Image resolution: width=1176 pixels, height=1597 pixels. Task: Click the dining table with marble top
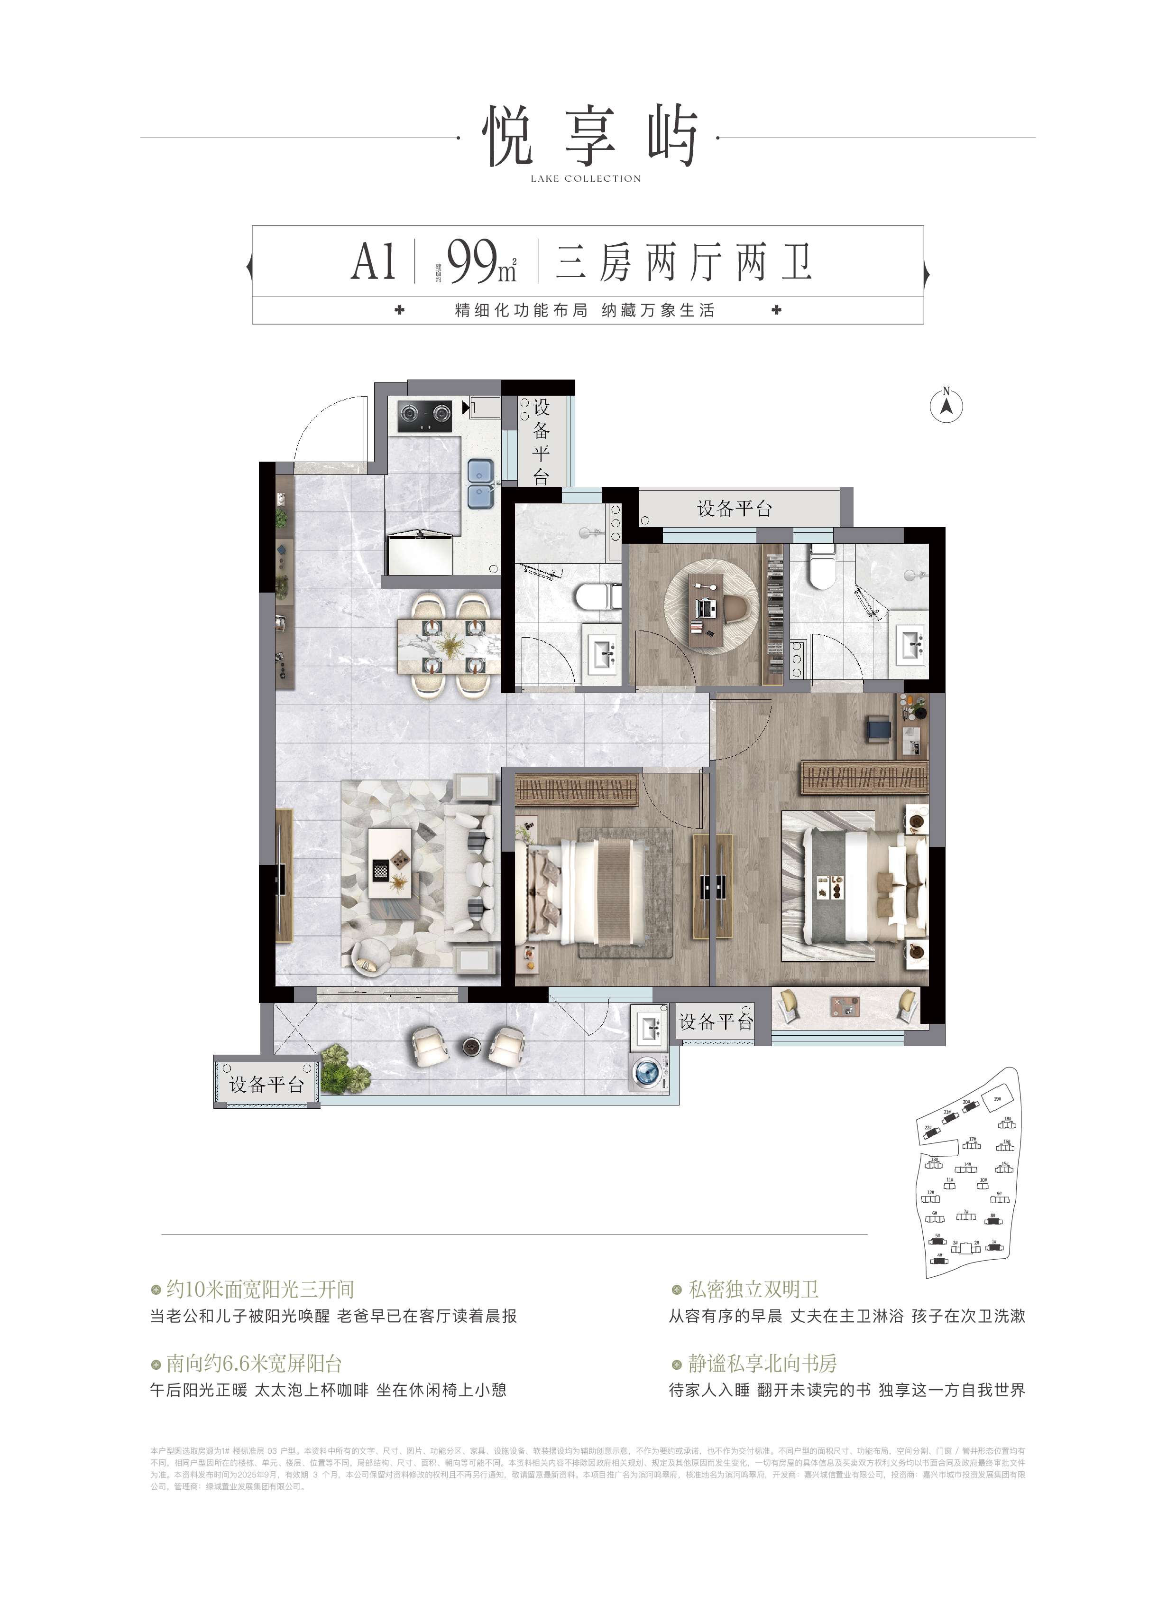449,645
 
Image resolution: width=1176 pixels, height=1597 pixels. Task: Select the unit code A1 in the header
374,262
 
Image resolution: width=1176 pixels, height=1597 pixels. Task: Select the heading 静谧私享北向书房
762,1364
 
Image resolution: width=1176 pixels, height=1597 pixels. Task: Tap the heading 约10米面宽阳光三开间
260,1289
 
